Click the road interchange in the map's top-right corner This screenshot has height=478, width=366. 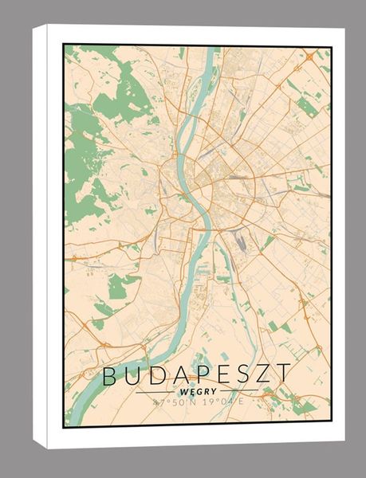coord(309,57)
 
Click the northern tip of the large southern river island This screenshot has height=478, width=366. coord(216,247)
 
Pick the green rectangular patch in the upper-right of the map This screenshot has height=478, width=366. coord(306,108)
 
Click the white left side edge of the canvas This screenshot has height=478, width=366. coord(48,239)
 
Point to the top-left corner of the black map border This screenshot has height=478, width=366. coord(65,45)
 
